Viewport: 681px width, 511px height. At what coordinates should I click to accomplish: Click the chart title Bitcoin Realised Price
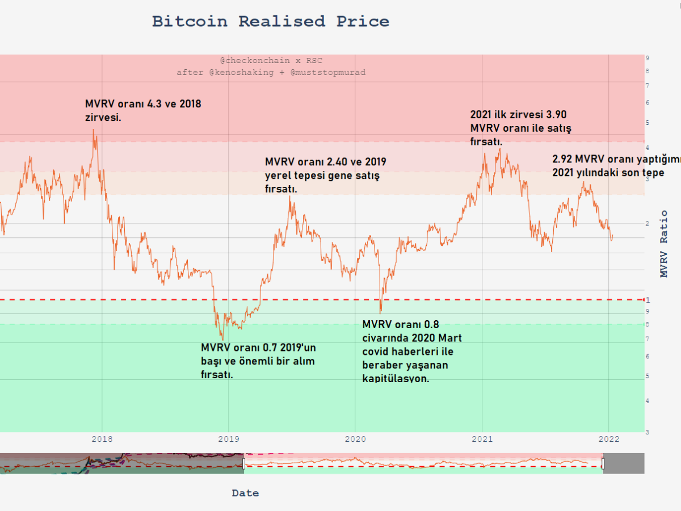[x=271, y=22]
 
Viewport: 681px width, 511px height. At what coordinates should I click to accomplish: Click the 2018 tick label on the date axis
[x=102, y=439]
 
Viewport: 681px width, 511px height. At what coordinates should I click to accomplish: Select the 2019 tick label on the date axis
[x=229, y=439]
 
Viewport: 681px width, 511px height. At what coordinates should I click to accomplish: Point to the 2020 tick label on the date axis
[x=355, y=439]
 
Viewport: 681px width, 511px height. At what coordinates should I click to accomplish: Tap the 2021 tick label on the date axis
[x=482, y=439]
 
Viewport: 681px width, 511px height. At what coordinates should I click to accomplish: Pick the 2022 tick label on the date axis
[x=608, y=439]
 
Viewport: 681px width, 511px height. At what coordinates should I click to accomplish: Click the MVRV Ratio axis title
[x=663, y=244]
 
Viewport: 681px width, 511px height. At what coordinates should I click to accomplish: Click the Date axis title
[x=245, y=493]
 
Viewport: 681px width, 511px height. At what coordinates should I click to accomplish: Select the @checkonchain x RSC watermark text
[x=271, y=60]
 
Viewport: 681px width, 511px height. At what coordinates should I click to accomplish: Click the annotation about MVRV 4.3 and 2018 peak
[x=143, y=111]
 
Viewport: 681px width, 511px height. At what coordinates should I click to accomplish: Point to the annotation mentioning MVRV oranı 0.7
[x=258, y=361]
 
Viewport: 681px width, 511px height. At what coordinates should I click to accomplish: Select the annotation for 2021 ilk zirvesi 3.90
[x=520, y=127]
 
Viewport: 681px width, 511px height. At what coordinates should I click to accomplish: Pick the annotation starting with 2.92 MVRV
[x=616, y=166]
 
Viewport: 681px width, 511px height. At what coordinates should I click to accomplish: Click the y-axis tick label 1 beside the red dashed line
[x=648, y=299]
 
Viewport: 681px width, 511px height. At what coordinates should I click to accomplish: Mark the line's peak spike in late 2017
[x=94, y=130]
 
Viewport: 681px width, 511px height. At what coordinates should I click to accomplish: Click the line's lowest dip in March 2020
[x=380, y=312]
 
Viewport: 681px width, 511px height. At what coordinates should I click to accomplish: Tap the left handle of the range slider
[x=244, y=464]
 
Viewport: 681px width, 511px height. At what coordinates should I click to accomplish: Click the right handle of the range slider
[x=603, y=464]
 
